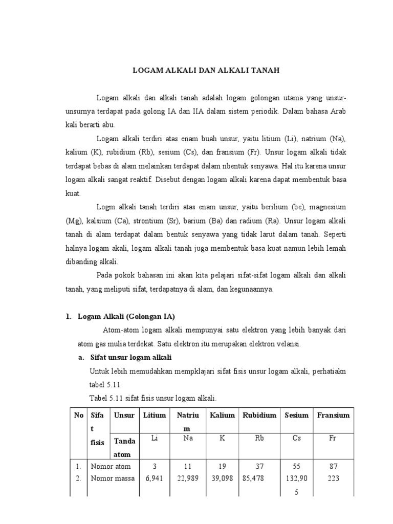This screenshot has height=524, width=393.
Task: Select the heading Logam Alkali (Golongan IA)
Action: coord(126,316)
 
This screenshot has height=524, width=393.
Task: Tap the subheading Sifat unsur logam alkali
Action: coord(130,357)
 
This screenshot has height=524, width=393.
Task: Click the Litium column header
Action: coord(155,415)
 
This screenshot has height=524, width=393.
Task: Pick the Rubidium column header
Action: coord(260,415)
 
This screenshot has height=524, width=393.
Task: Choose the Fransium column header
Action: coord(333,415)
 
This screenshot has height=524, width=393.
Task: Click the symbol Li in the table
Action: coord(155,439)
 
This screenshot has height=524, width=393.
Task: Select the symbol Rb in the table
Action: coord(260,439)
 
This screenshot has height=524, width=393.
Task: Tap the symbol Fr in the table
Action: coord(333,439)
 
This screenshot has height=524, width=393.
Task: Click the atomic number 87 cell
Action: coord(333,466)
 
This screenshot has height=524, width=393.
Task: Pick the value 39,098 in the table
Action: coord(222,478)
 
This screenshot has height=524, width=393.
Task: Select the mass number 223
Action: coord(333,478)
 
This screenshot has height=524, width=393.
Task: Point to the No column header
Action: coord(78,415)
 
